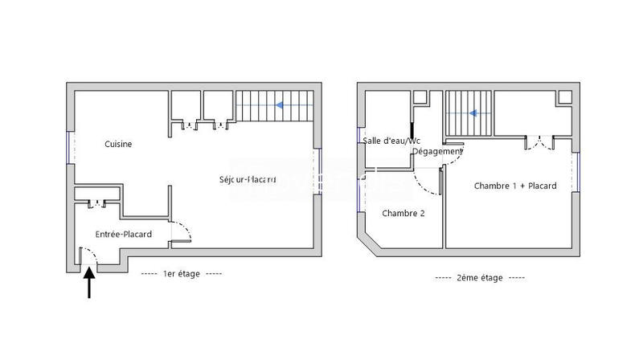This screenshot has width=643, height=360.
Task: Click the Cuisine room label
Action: point(118,145)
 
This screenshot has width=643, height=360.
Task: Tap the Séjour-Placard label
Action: point(248,178)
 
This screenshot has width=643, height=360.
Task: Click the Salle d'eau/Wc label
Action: point(391,141)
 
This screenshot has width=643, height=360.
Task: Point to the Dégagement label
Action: point(437,151)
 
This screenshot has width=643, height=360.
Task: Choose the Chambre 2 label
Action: point(403,213)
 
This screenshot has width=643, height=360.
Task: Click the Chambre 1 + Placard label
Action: point(515,186)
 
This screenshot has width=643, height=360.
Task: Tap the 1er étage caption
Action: point(180,273)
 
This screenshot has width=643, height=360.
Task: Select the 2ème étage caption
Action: point(479,277)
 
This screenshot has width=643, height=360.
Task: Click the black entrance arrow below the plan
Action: point(88,284)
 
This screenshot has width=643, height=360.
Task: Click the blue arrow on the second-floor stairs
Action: point(476,113)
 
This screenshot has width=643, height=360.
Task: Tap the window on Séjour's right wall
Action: point(320,170)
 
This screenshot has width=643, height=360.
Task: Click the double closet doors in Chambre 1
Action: point(539,143)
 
